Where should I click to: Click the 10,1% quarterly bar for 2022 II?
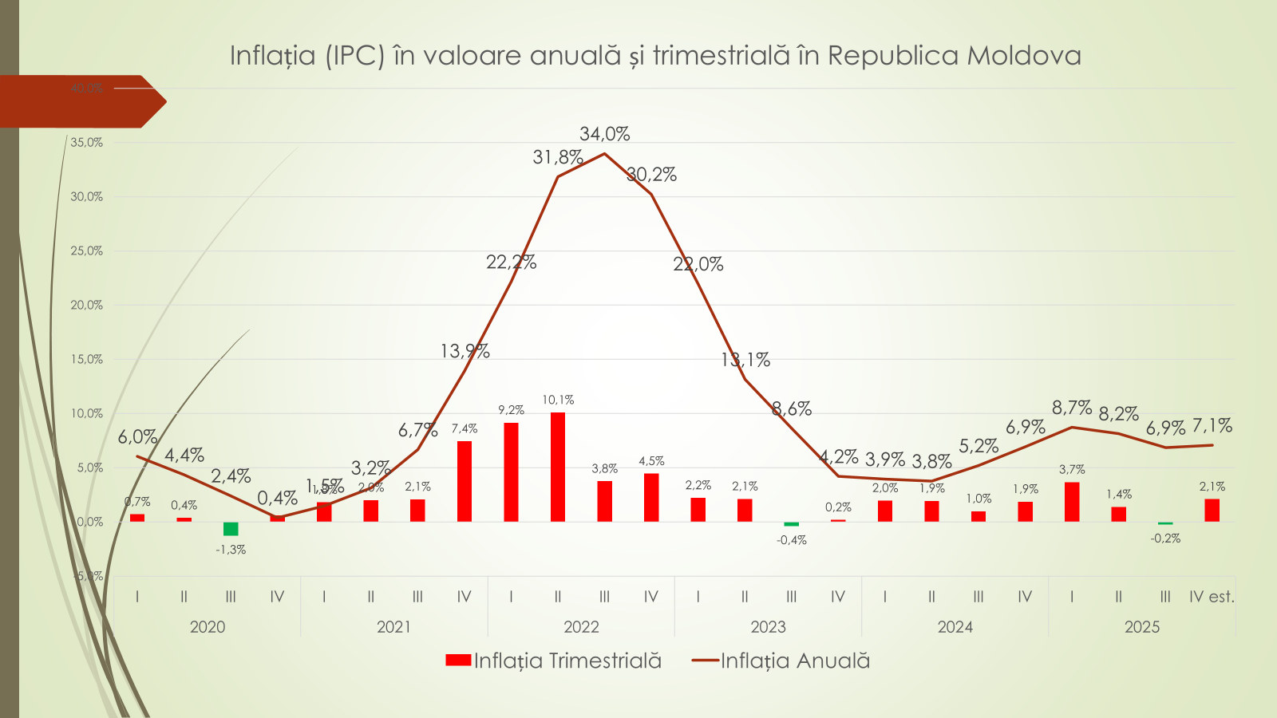(558, 467)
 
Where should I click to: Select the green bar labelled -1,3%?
(231, 529)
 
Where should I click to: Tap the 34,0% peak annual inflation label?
(604, 134)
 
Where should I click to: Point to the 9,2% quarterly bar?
(511, 471)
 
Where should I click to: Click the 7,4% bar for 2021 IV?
(465, 481)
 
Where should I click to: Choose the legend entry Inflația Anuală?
(781, 661)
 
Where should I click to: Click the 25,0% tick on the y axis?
(87, 251)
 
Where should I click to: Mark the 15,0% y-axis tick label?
(87, 359)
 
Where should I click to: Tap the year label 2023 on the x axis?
(768, 627)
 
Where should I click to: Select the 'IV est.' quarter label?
(1212, 597)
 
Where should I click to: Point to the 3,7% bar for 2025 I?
(1072, 502)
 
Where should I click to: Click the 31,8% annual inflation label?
(558, 157)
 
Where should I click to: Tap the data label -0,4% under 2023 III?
(792, 540)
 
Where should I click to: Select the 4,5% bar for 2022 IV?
(651, 497)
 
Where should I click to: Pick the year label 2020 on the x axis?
(208, 627)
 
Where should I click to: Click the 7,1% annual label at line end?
(1212, 426)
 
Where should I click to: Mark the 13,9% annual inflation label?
(465, 351)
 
